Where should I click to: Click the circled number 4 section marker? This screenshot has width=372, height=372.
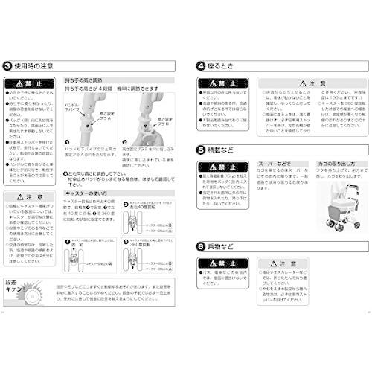tap(199, 66)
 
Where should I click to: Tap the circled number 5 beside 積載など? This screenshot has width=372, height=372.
tap(199, 149)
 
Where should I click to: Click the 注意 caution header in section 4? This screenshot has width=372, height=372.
tap(289, 85)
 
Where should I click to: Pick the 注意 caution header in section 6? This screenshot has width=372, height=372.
tap(289, 263)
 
